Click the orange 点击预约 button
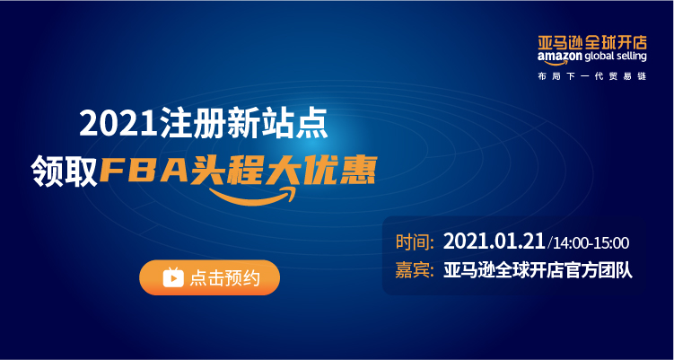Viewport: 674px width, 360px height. click(x=209, y=277)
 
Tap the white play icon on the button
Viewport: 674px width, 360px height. click(x=173, y=277)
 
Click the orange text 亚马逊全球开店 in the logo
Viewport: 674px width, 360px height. click(x=592, y=43)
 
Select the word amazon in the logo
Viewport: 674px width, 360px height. click(x=560, y=57)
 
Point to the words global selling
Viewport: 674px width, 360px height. click(x=616, y=57)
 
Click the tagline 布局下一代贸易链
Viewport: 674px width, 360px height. click(x=592, y=76)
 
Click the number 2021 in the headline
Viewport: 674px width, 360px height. click(x=117, y=123)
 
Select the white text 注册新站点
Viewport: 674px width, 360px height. click(x=241, y=123)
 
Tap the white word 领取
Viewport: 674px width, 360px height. click(x=65, y=171)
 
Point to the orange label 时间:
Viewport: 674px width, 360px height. click(x=415, y=242)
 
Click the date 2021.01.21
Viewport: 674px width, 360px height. click(x=495, y=241)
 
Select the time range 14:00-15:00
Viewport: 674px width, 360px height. click(x=591, y=243)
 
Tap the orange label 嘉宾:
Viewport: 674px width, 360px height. click(x=415, y=271)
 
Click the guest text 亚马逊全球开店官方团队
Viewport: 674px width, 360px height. click(x=538, y=271)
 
